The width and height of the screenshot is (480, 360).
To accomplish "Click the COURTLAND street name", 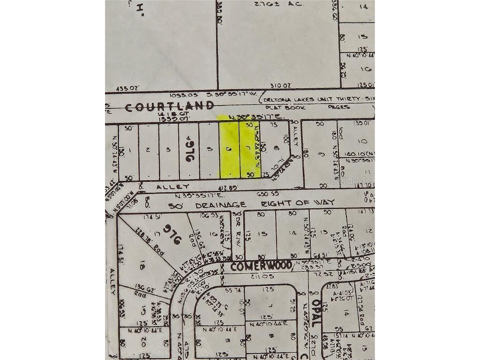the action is click(169, 106).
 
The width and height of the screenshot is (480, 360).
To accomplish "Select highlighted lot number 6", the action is click(229, 150).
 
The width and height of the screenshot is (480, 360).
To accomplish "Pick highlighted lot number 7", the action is click(248, 149).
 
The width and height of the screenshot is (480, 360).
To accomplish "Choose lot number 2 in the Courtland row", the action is click(148, 150).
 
